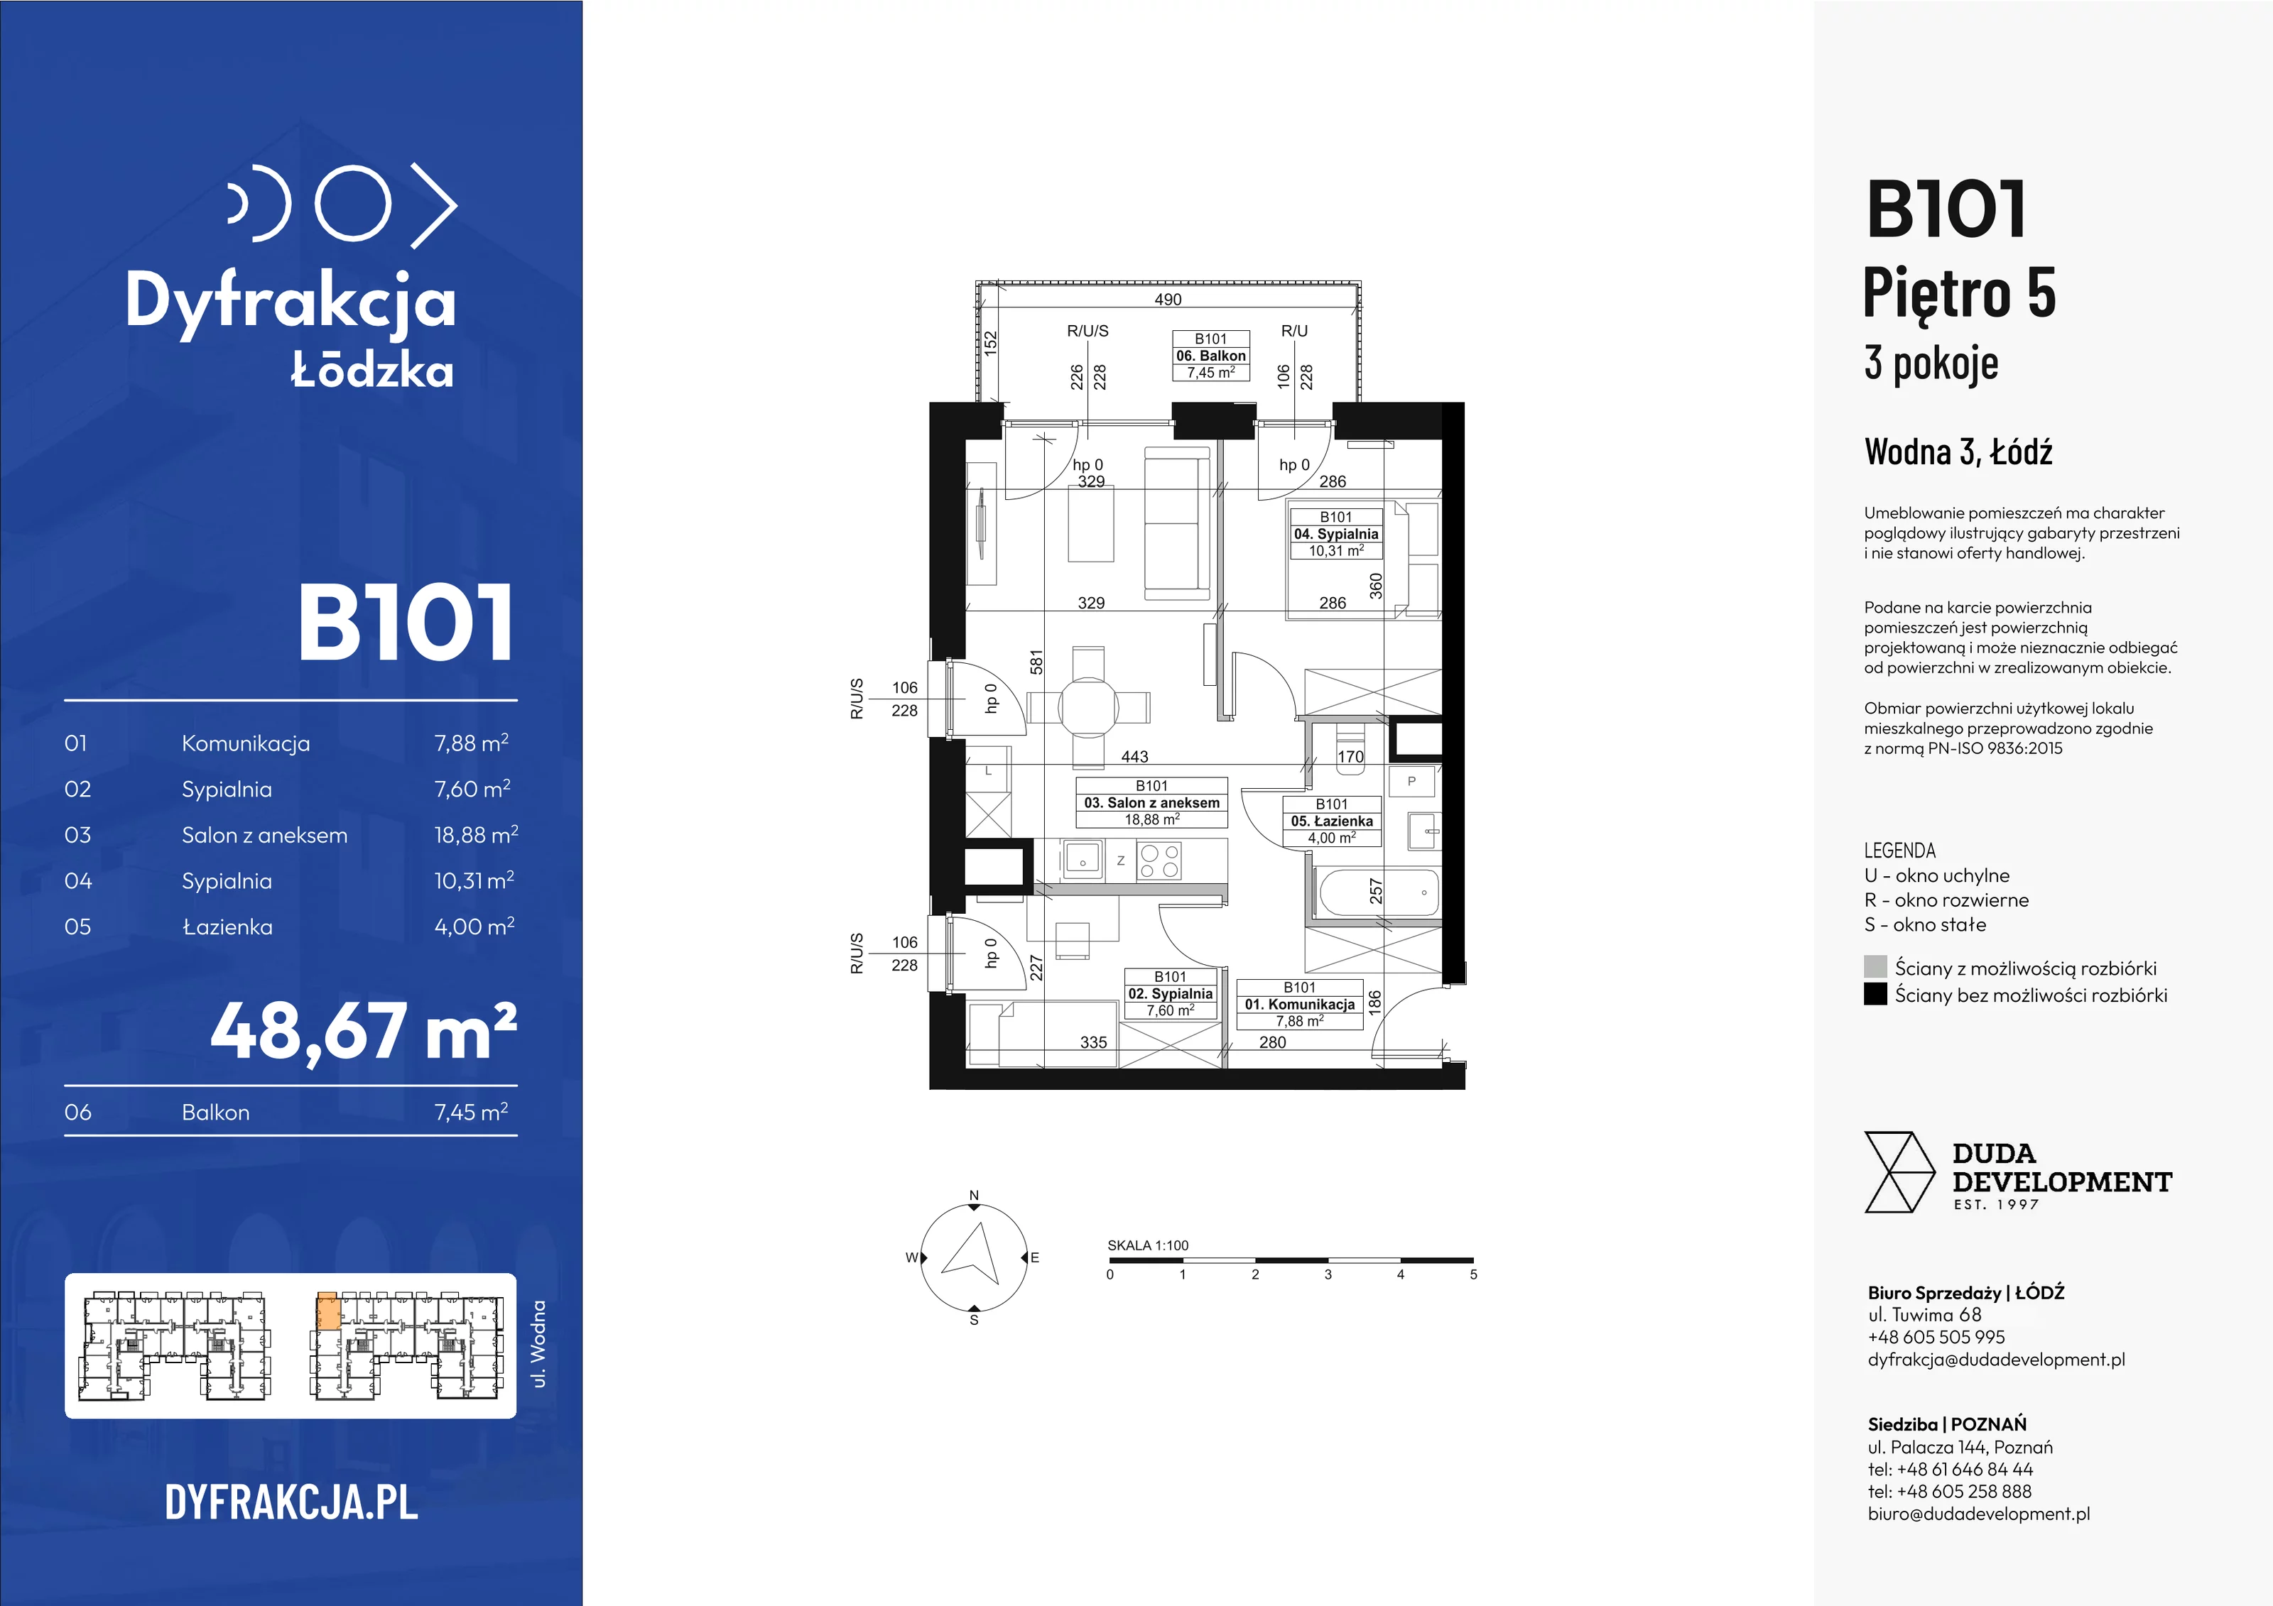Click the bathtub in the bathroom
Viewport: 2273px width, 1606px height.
click(x=1378, y=892)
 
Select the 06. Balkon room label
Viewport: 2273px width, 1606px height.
click(x=1211, y=355)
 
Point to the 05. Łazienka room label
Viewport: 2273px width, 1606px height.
click(x=1332, y=820)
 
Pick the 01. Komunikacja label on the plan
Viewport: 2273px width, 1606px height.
click(x=1300, y=1003)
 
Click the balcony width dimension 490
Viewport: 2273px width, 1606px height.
click(x=1168, y=299)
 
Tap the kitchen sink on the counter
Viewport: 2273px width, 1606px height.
click(x=1083, y=860)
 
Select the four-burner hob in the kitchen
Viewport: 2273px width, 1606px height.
click(x=1159, y=860)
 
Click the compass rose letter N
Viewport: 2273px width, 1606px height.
click(x=974, y=1196)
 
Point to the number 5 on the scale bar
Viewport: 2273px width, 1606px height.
click(x=1473, y=1274)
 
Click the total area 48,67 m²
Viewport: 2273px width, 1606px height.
click(x=363, y=1031)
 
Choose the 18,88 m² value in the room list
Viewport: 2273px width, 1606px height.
click(x=476, y=834)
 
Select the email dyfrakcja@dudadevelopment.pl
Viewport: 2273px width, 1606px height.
click(x=1996, y=1360)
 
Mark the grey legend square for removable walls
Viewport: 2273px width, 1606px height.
click(x=1875, y=967)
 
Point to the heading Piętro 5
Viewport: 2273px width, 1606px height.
click(x=1959, y=294)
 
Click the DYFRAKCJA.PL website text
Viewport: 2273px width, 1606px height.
click(x=291, y=1502)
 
